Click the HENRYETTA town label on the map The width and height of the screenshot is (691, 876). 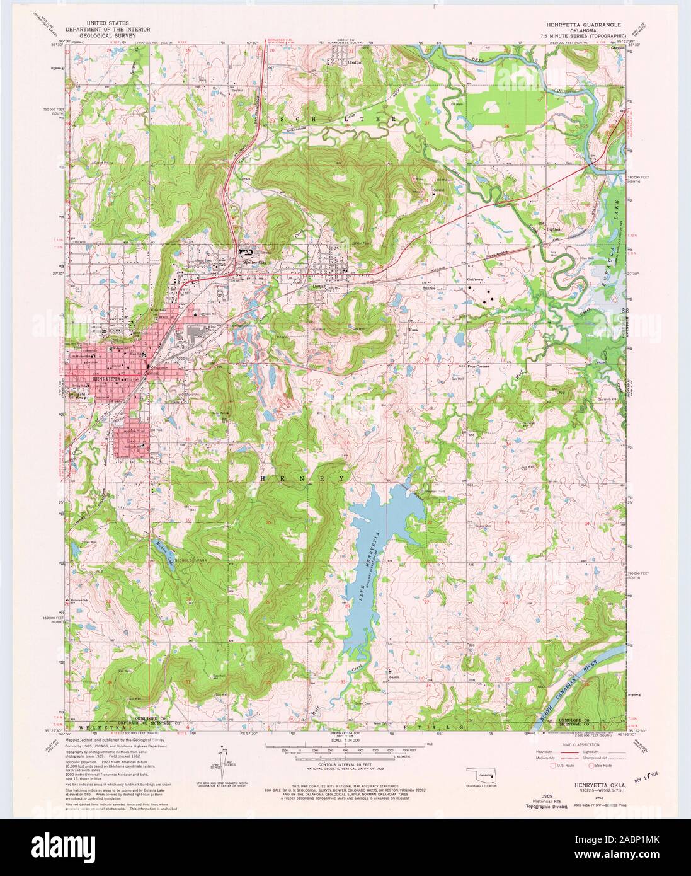(105, 380)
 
